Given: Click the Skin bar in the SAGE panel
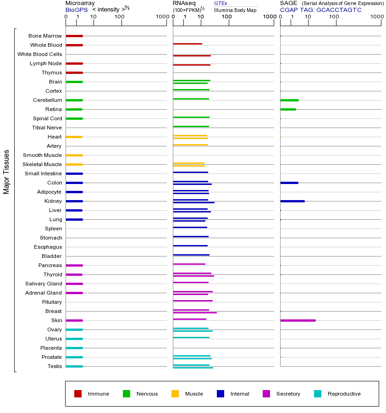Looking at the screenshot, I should point(298,320).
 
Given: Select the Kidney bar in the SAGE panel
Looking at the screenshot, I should point(292,201).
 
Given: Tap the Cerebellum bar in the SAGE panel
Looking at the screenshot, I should point(289,100).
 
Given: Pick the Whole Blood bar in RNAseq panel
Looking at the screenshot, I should point(187,44).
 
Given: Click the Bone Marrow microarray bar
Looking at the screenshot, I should point(74,36).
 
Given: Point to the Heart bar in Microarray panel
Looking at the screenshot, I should point(74,137).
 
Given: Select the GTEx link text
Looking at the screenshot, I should point(221,3).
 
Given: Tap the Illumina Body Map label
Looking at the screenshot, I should point(235,10).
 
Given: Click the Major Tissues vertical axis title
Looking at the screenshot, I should point(6,172).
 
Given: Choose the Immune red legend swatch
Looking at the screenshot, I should point(78,394).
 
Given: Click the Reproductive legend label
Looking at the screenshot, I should point(344,394).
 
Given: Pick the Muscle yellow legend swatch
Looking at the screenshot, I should point(175,394).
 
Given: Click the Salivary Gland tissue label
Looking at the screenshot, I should point(44,284).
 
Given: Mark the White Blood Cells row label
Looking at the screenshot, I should point(39,54).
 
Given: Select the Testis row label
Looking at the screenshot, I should point(55,366).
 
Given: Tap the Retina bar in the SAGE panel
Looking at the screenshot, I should point(288,109).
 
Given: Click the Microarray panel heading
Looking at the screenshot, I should point(80,3).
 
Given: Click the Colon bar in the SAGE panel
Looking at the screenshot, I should point(289,183).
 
